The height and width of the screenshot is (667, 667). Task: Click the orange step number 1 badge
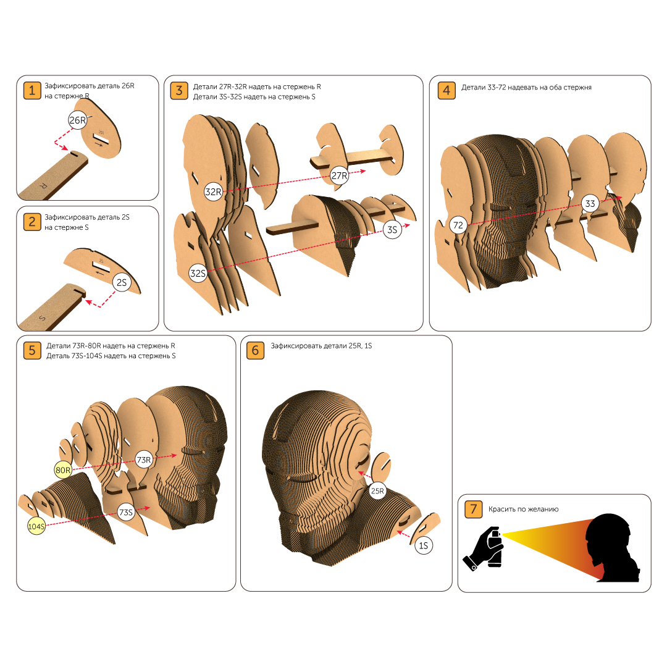32,91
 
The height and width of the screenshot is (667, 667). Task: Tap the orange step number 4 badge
447,91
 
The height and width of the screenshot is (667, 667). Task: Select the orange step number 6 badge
255,351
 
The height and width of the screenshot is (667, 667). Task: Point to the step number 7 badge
474,509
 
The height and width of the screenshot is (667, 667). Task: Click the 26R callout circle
77,120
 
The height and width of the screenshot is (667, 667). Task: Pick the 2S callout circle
122,282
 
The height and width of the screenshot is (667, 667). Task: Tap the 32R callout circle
213,192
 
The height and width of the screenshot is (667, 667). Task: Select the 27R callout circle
339,175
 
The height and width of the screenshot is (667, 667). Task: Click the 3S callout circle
392,230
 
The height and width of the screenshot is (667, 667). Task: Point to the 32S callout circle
198,273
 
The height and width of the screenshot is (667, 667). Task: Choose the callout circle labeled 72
458,225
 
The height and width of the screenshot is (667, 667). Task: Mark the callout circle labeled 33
590,204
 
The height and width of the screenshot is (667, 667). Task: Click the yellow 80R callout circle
63,470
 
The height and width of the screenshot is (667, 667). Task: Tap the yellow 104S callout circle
36,526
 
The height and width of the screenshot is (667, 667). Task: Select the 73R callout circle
144,460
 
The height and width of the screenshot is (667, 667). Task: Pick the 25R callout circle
377,491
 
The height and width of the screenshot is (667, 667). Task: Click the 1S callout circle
423,545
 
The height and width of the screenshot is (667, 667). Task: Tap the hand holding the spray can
483,549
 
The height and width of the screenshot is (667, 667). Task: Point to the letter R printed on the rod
43,185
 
